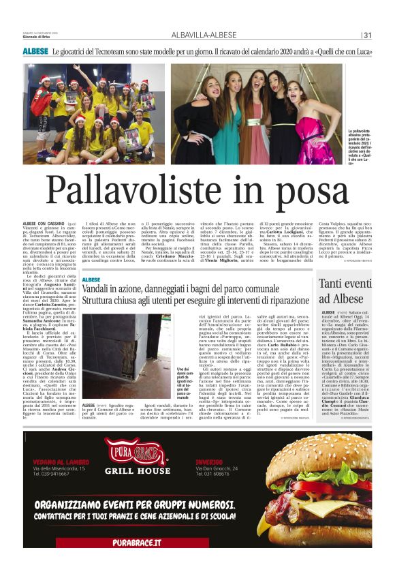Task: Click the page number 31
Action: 368,35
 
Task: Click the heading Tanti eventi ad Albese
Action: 347,292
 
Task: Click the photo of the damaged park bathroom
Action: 127,348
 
